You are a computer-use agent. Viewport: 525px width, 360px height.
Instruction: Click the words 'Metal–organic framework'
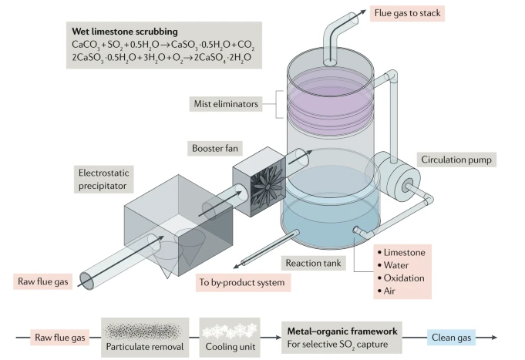pos(337,330)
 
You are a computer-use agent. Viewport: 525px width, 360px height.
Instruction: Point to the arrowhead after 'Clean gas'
pos(492,337)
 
